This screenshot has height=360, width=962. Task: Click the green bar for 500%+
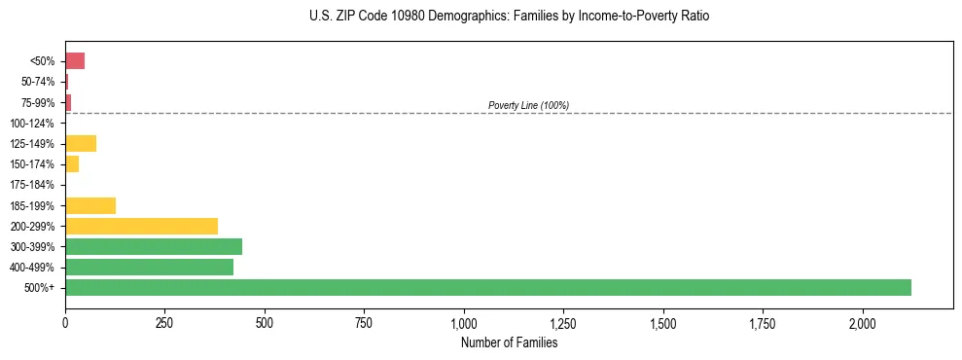(487, 288)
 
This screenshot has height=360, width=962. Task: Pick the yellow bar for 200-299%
(141, 226)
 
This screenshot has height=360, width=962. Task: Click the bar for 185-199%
(90, 205)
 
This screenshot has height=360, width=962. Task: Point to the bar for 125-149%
(81, 144)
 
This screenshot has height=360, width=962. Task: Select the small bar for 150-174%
(72, 164)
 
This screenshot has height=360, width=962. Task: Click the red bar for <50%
(75, 61)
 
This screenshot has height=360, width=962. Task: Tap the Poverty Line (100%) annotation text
(528, 105)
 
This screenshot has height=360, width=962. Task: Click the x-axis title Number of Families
(509, 343)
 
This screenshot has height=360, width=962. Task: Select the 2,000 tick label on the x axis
(863, 323)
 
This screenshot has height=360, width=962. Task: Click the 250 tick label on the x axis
(164, 323)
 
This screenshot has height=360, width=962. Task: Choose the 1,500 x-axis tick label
(663, 323)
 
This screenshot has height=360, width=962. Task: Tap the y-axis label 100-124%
(31, 124)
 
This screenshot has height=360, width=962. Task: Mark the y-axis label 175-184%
(31, 185)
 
